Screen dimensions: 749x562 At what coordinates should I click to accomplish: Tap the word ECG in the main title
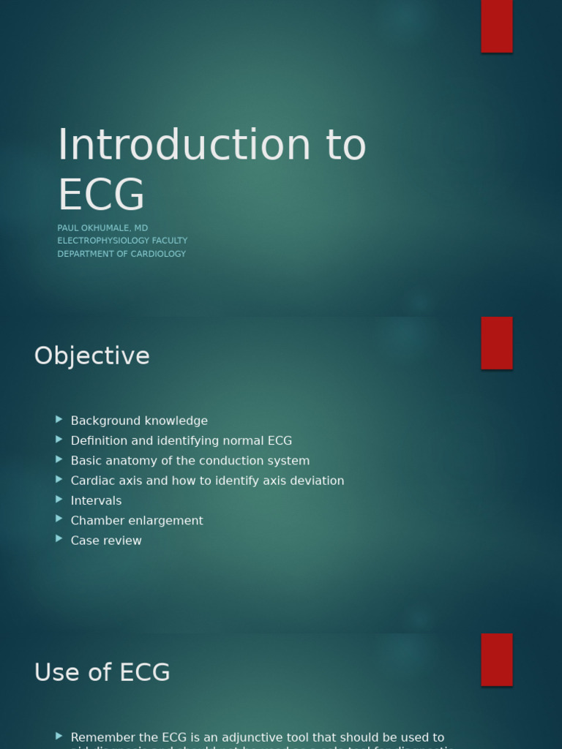(101, 195)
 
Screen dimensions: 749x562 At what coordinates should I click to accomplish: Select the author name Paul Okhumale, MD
(102, 228)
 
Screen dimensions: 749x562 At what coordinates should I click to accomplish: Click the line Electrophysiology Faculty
(122, 241)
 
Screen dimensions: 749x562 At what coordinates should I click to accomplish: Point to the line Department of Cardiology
(121, 254)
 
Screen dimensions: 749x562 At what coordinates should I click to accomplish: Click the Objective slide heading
(91, 356)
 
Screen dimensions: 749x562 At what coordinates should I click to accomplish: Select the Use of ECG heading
(102, 672)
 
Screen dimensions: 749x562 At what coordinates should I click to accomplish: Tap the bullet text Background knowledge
(139, 421)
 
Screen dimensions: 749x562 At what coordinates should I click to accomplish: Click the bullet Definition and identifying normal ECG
(181, 440)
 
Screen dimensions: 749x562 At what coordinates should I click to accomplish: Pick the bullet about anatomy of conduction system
(190, 461)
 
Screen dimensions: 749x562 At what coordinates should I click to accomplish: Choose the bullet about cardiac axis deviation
(207, 481)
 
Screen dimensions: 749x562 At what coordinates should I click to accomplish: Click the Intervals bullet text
(96, 500)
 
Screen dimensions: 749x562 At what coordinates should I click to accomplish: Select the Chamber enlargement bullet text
(137, 521)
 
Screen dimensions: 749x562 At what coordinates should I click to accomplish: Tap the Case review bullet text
(106, 541)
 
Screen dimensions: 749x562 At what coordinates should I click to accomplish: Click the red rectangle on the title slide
(496, 26)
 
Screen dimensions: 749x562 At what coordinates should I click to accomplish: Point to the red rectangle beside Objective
(496, 342)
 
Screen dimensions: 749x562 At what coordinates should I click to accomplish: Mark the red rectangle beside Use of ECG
(496, 659)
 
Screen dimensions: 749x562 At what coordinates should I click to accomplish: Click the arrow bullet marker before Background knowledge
(59, 419)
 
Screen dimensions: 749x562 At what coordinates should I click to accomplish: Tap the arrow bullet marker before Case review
(59, 539)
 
